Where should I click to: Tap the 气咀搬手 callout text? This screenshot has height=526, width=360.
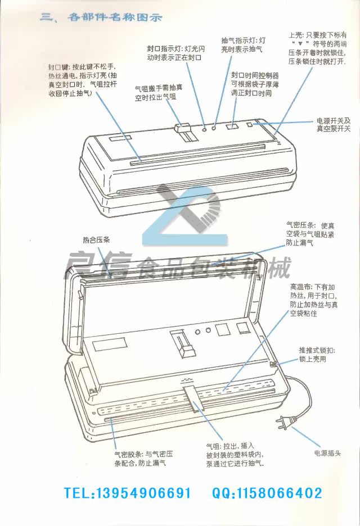click(x=156, y=93)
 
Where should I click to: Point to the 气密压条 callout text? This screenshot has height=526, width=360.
click(x=309, y=232)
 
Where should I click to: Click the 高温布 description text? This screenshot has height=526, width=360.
click(x=313, y=300)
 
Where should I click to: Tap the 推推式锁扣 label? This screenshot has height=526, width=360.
click(x=317, y=355)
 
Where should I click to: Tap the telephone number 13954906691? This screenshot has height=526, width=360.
click(x=128, y=493)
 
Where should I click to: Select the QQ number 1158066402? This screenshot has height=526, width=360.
click(x=267, y=493)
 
